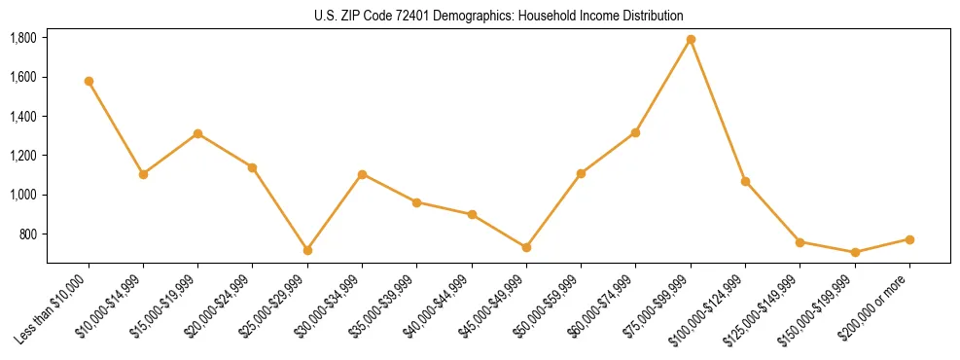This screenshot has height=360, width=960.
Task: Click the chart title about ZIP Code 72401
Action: [499, 16]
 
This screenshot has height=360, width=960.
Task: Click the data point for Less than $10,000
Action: [89, 81]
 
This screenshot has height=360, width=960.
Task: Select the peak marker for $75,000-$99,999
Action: [691, 39]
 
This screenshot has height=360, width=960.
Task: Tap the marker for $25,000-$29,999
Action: [307, 250]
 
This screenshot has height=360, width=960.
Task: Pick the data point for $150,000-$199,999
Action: [855, 252]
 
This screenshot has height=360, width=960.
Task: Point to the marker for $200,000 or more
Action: [909, 239]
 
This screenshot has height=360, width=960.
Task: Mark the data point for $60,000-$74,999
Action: [636, 132]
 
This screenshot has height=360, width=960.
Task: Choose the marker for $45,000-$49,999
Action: [526, 247]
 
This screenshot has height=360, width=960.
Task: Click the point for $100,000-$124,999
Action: [745, 181]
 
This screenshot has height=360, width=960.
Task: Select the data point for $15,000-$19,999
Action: [198, 133]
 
